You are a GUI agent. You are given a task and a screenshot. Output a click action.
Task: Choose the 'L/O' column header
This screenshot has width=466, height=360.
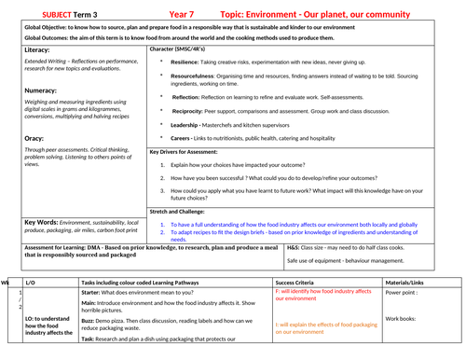click(x=30, y=282)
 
